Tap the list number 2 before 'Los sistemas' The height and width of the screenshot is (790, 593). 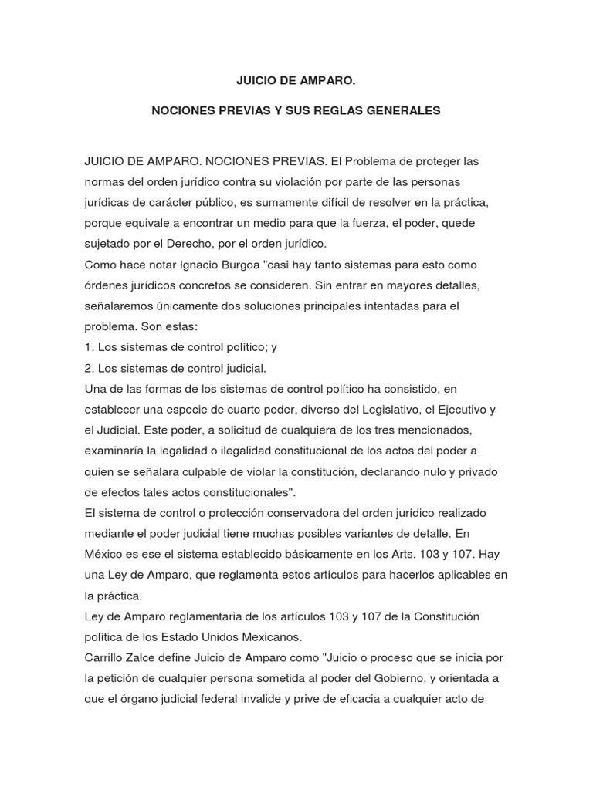point(88,368)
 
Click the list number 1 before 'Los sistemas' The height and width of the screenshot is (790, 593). point(88,347)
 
